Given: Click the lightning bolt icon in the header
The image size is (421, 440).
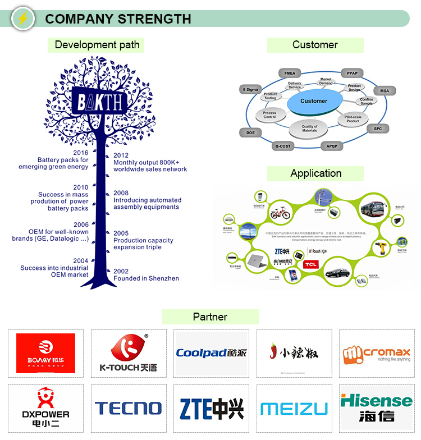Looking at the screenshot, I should [22, 18].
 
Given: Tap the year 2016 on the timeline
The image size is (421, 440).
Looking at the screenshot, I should [81, 153].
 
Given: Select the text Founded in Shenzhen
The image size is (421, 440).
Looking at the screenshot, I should [146, 278].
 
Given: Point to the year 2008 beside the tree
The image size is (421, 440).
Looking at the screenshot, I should [121, 193].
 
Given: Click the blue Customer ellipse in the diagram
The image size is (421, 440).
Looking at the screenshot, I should [313, 102].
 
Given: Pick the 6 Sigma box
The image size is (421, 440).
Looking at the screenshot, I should [250, 90].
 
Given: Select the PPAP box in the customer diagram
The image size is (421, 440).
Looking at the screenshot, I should [352, 74].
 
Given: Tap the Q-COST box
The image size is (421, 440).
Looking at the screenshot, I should [283, 146].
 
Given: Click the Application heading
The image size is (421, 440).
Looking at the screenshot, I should [315, 173].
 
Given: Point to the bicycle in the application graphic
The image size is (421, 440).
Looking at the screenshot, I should [281, 213].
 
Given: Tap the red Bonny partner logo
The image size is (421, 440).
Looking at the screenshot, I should [45, 354].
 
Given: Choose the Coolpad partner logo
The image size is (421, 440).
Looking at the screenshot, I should [211, 353].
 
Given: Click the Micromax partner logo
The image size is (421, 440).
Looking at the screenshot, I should [377, 354].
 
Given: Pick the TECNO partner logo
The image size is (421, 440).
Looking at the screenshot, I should [128, 408].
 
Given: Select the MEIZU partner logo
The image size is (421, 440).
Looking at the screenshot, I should [294, 409].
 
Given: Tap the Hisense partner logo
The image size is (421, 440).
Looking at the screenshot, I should [377, 408].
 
